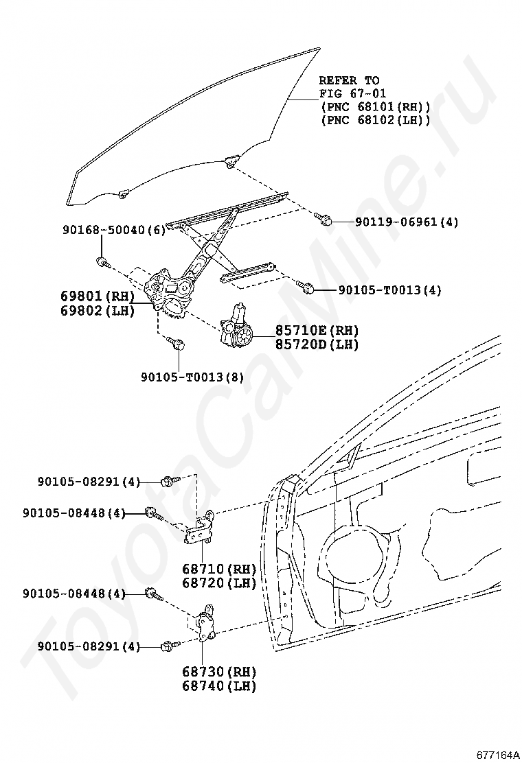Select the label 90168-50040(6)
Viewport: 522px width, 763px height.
pos(113,230)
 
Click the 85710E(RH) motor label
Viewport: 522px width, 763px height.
pos(317,330)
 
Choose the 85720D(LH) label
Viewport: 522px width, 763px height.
pos(317,344)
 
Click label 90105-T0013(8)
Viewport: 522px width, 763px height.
pos(192,377)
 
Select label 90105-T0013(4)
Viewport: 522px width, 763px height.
pos(389,290)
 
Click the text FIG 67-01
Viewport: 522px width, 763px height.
pos(352,93)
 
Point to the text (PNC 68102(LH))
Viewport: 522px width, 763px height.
pos(374,119)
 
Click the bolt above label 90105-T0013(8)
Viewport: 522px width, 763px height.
pos(179,344)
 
